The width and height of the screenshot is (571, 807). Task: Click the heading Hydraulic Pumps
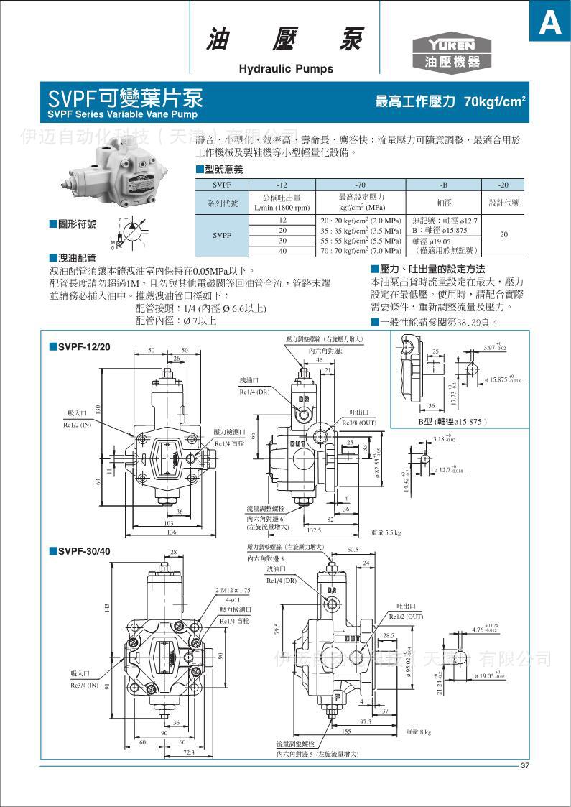pos(286,69)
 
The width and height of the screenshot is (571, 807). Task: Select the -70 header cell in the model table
pos(361,184)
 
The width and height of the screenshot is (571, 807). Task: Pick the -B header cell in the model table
pos(444,184)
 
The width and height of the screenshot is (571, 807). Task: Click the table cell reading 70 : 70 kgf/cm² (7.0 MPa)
pos(361,251)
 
